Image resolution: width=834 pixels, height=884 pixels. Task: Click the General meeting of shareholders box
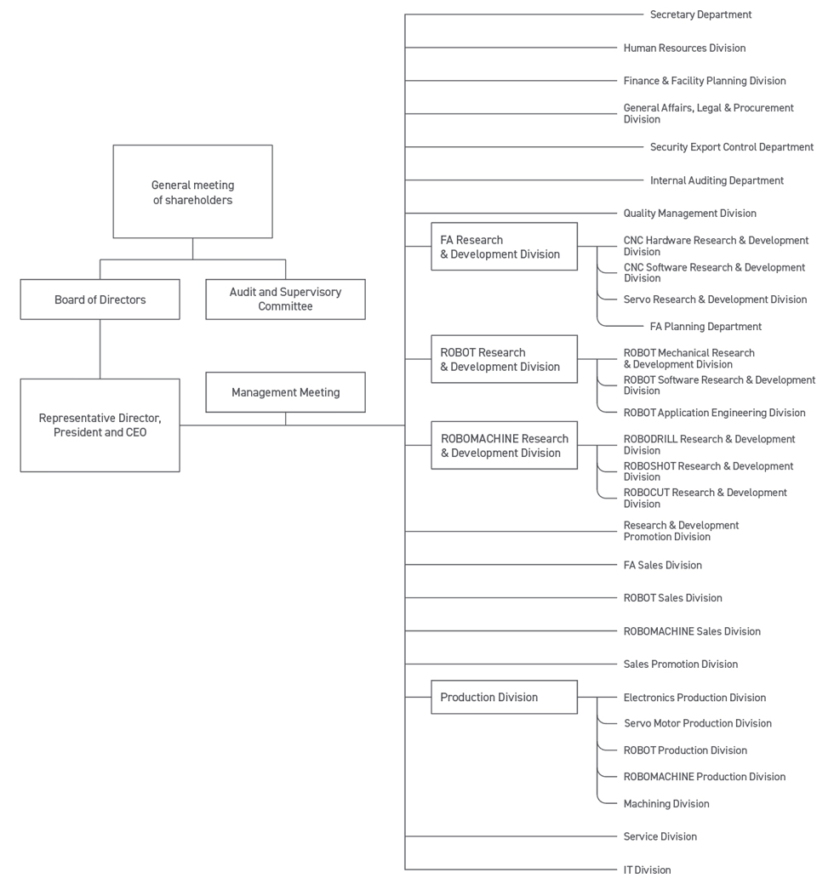pos(192,191)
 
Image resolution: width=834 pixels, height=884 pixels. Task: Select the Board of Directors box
pos(100,299)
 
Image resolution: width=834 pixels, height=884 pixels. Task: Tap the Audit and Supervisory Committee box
pos(285,299)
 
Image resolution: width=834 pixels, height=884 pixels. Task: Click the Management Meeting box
pos(285,392)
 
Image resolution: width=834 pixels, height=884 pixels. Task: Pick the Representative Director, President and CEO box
pos(100,425)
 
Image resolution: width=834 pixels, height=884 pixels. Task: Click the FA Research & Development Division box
pos(504,247)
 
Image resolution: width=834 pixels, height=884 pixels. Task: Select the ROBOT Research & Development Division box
pos(504,359)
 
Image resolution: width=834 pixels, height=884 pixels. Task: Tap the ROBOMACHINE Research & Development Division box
pos(504,445)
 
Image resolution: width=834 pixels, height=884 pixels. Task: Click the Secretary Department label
pos(700,14)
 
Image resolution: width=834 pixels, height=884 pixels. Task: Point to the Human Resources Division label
pos(684,48)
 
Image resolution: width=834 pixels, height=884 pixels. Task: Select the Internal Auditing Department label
pos(717,180)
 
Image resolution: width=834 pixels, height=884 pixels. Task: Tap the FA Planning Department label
pos(705,326)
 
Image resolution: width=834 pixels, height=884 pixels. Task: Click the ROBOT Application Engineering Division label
pos(714,413)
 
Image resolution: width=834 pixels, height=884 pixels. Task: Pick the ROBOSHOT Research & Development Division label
pos(708,471)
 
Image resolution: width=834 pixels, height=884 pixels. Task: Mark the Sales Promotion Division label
pos(680,664)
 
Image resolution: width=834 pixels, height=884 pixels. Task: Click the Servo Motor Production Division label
pos(697,723)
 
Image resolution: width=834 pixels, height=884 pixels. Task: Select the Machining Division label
pos(665,803)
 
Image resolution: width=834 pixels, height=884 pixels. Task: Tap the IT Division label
pos(647,870)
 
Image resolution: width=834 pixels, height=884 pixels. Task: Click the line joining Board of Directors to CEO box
pos(100,349)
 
